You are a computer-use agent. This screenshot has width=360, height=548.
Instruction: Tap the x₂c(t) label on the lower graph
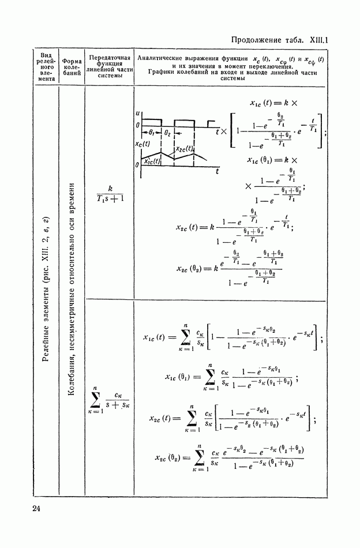(185, 148)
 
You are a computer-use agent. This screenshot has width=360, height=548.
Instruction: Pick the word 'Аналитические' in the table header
(163, 59)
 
